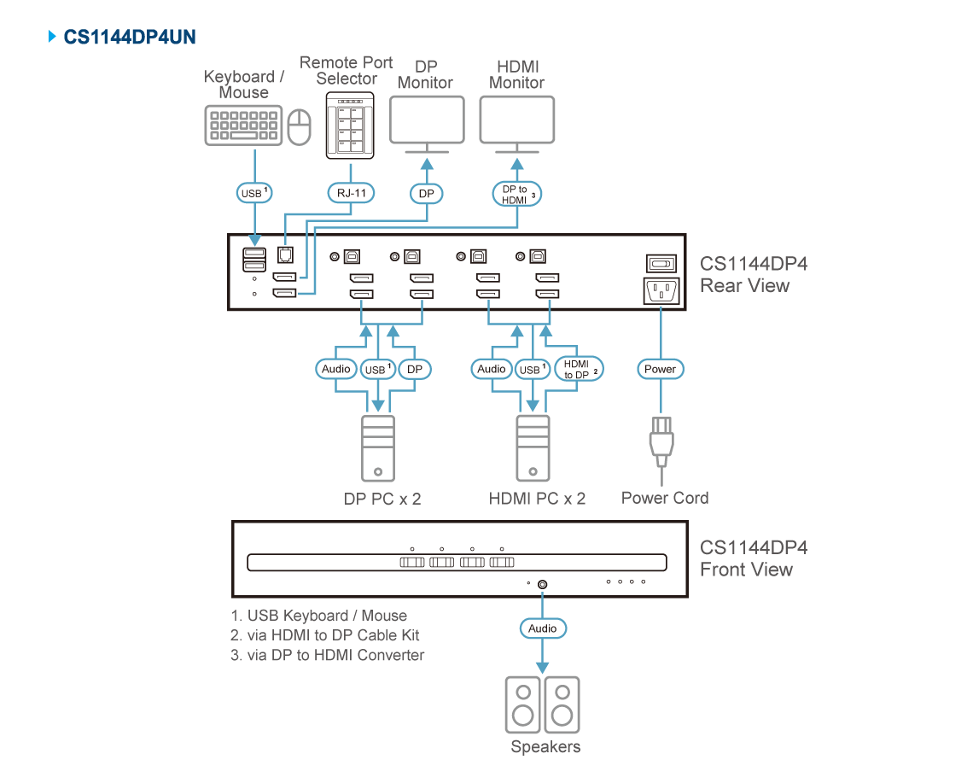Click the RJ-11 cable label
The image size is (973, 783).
351,194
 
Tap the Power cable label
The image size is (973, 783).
660,369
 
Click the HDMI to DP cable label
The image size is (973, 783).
578,369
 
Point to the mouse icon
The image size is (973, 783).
299,127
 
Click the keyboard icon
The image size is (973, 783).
243,126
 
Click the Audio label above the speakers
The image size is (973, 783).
542,628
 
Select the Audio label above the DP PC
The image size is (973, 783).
336,369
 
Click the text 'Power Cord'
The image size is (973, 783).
664,498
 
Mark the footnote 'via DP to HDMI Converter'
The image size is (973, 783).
328,655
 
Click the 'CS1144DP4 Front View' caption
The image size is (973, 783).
752,558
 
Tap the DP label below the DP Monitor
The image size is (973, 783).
427,194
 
